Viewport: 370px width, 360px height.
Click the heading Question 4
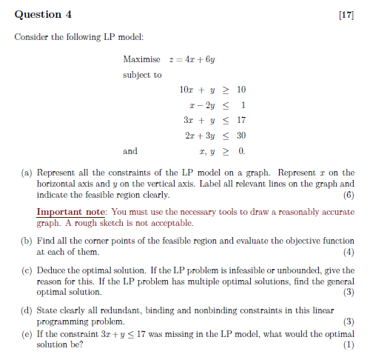click(x=44, y=13)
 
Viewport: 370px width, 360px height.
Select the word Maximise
click(x=141, y=59)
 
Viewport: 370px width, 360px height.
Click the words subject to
click(x=142, y=75)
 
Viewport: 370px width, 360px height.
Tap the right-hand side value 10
click(x=240, y=90)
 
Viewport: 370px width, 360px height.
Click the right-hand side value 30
click(x=240, y=136)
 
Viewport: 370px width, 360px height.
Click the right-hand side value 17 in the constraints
click(x=240, y=120)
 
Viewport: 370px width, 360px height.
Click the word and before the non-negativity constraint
click(x=130, y=151)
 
